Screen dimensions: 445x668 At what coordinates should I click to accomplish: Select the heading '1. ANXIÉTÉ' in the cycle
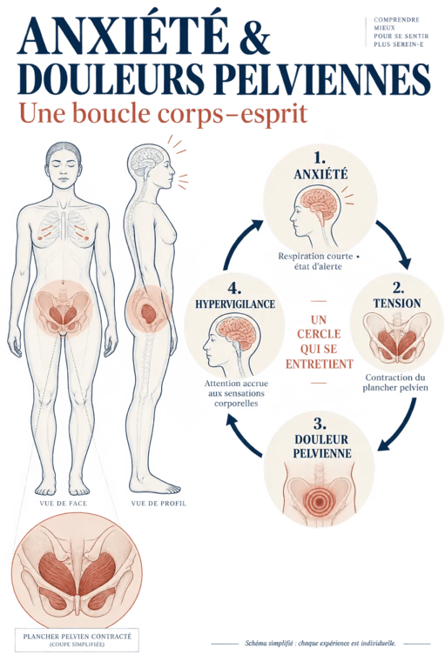coord(320,166)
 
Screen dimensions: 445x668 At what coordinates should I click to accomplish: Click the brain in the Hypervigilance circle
coord(233,332)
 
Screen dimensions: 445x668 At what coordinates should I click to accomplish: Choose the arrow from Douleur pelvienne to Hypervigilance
coord(242,438)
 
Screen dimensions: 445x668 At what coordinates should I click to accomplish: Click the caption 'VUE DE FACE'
coord(63,503)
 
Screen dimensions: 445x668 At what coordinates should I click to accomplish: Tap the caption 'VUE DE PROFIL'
coord(158,503)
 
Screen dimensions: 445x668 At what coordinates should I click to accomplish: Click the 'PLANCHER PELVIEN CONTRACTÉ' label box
coord(78,639)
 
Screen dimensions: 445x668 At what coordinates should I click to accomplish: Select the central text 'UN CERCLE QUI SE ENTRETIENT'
coord(320,342)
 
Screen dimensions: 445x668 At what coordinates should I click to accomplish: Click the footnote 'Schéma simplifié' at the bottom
coord(320,644)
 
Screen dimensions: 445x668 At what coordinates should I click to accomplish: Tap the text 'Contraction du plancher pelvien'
coord(395,382)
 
